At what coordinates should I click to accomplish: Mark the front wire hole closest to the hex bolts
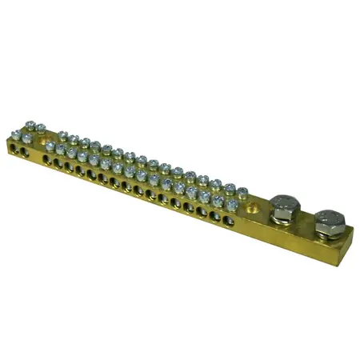[231, 216]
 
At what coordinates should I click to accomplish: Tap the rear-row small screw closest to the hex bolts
[242, 190]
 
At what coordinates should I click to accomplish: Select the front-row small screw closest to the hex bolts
[230, 198]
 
